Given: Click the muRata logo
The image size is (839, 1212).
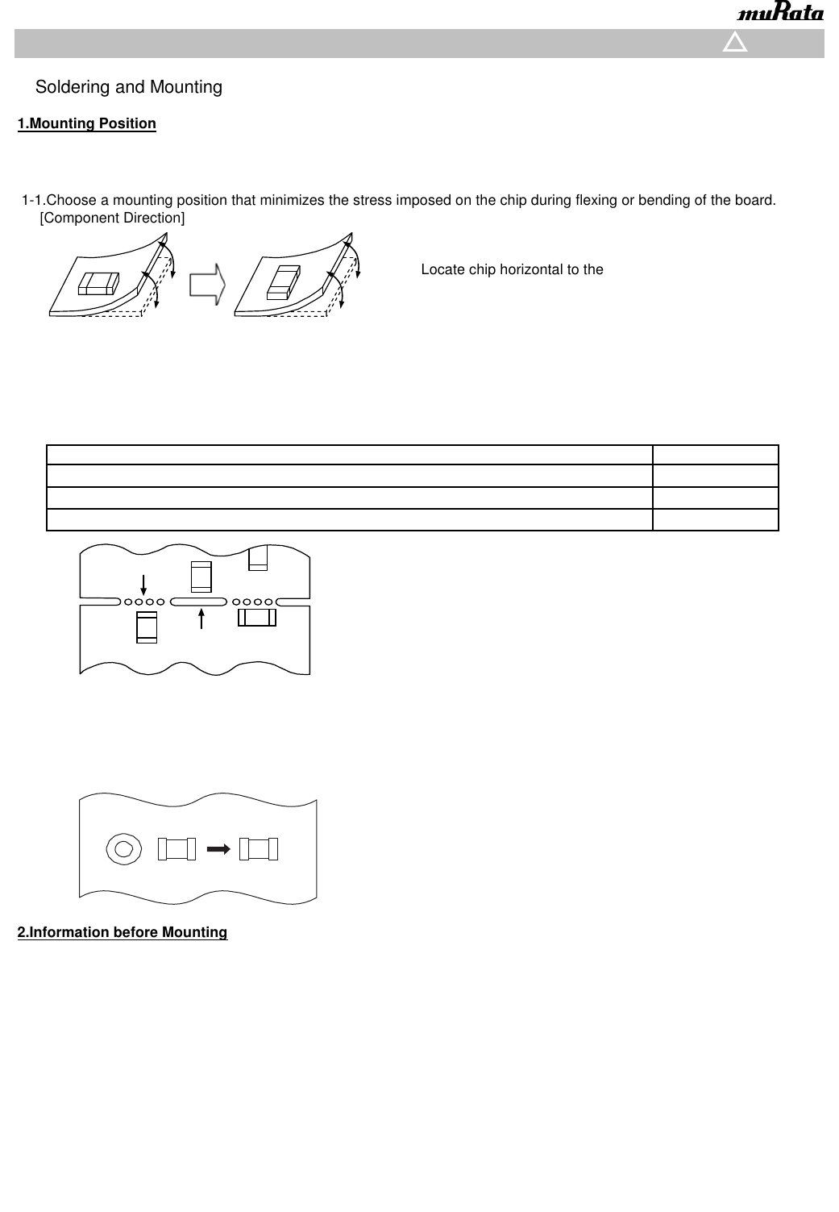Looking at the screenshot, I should (780, 14).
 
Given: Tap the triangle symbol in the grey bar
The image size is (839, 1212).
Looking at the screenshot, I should (735, 43).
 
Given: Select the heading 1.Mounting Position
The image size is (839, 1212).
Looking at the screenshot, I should (87, 123).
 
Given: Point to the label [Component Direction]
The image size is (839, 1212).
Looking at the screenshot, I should (112, 218).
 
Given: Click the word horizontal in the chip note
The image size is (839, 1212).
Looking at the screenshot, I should (525, 269).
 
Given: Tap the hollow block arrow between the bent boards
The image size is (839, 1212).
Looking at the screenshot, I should (207, 286).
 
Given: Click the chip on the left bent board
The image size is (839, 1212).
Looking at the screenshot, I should (98, 283).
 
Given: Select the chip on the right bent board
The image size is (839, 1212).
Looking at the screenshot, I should (282, 281).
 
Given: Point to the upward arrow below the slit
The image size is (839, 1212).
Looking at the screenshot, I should (201, 619).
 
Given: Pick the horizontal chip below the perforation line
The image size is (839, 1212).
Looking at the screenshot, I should (257, 618).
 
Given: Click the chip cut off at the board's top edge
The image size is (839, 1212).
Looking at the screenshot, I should (258, 558).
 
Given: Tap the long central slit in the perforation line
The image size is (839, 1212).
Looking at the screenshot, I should (198, 602).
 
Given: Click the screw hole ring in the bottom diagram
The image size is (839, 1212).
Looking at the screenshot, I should (123, 848).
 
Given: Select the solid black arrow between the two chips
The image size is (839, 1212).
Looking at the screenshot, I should (218, 848).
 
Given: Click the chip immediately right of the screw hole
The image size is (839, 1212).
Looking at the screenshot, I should (177, 848).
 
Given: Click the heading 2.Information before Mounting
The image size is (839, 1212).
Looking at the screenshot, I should (123, 932).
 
